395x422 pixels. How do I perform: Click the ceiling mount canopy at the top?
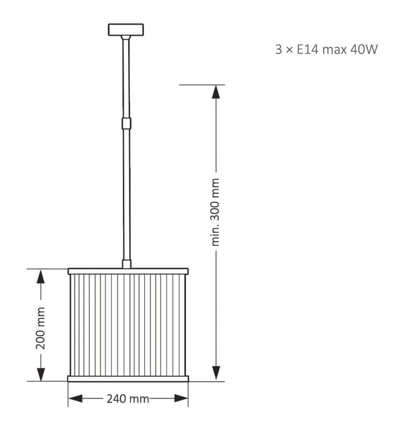tap(126, 30)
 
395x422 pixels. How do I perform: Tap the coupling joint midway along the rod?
tap(126, 123)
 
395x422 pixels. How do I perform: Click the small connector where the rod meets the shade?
tap(126, 264)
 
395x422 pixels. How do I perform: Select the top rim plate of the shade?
tap(128, 271)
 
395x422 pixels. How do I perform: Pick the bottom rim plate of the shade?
tap(128, 379)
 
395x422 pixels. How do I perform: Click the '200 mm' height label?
tap(41, 328)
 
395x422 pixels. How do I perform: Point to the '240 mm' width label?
tap(128, 399)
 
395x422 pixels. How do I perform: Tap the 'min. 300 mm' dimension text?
tap(215, 212)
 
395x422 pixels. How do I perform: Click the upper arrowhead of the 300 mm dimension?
tap(216, 92)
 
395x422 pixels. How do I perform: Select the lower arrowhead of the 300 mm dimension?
tap(216, 373)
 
